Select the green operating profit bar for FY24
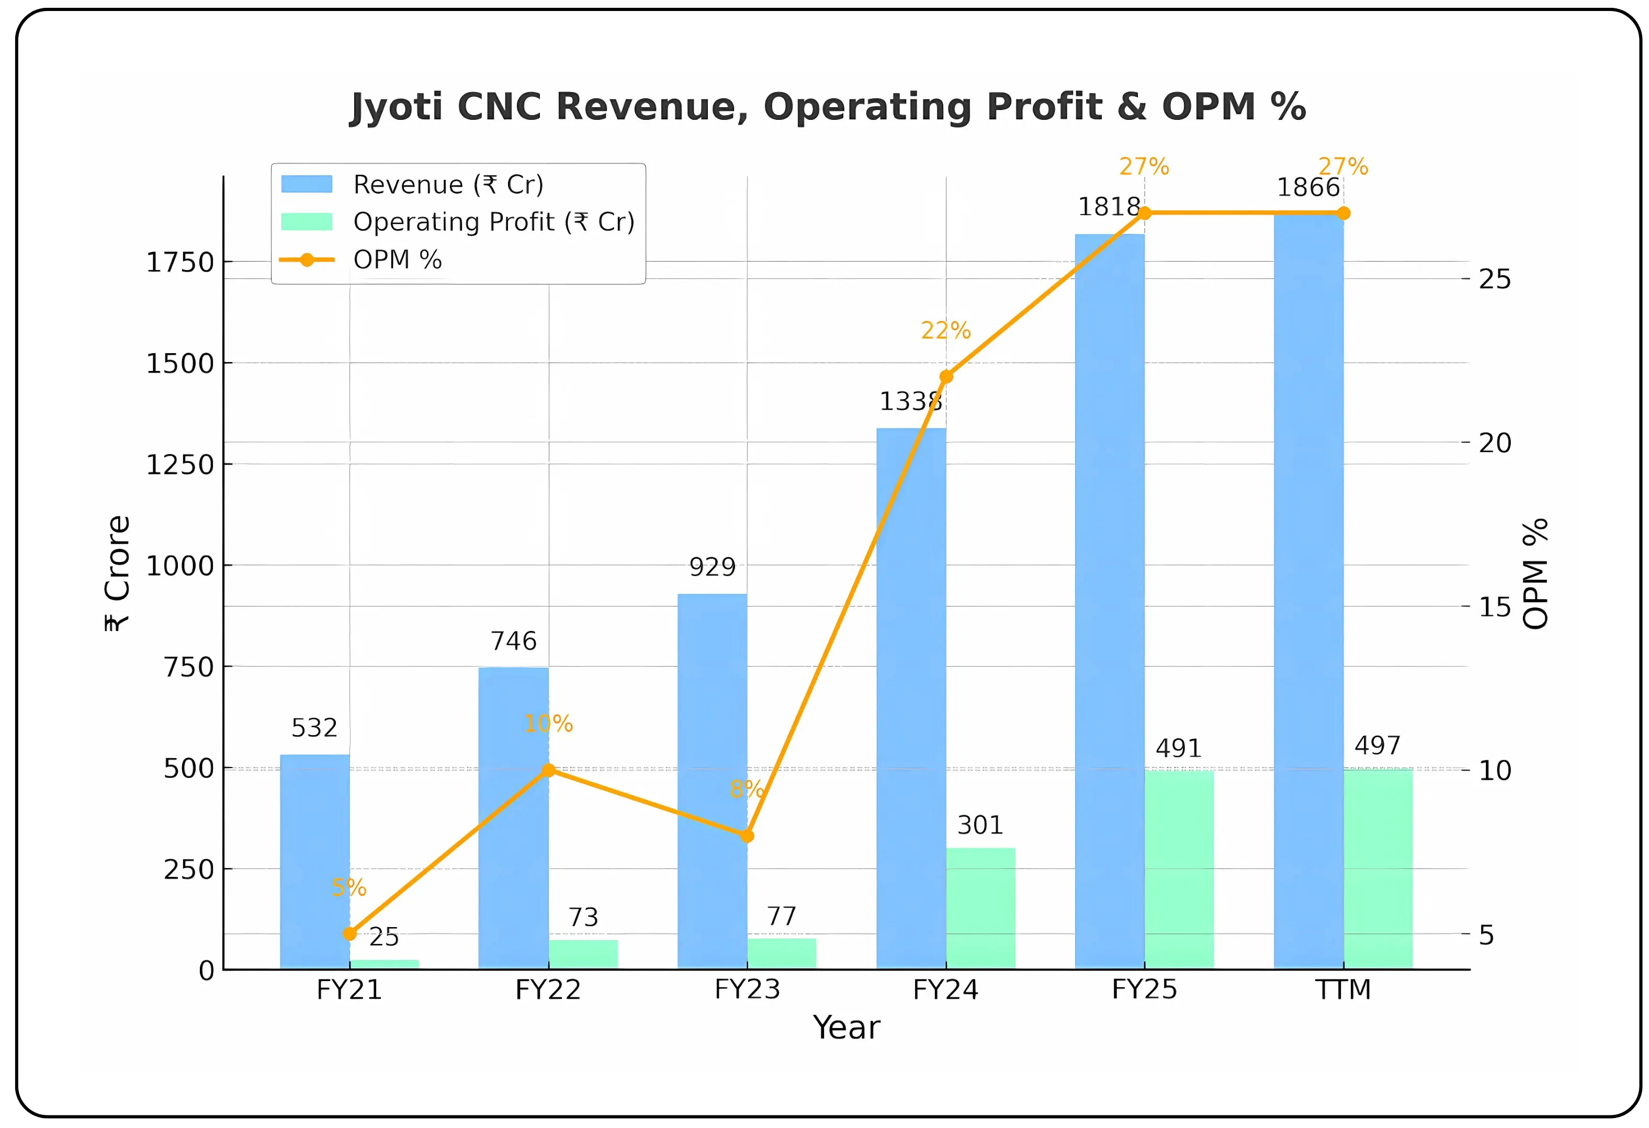tap(980, 908)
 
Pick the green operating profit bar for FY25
tap(1179, 870)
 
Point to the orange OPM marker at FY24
tap(946, 377)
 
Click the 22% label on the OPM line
tap(945, 331)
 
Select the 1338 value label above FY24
tap(910, 401)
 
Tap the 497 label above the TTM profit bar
tap(1377, 746)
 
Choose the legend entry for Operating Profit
tap(493, 222)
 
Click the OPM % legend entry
tap(398, 260)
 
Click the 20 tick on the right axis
tap(1494, 443)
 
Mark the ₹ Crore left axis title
tap(118, 573)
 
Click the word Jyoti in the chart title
tap(396, 107)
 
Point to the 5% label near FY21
tap(348, 887)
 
